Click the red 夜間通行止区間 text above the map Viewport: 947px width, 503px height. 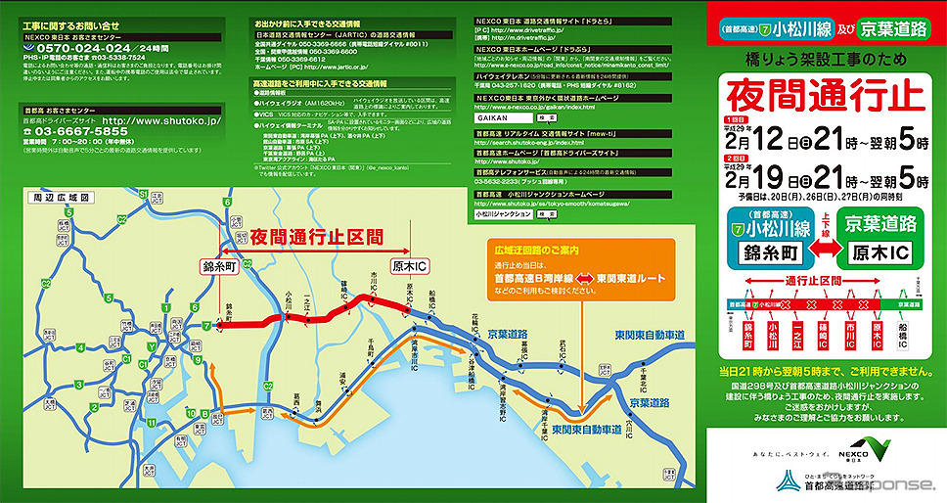pos(316,236)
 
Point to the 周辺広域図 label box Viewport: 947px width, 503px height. pos(51,196)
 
